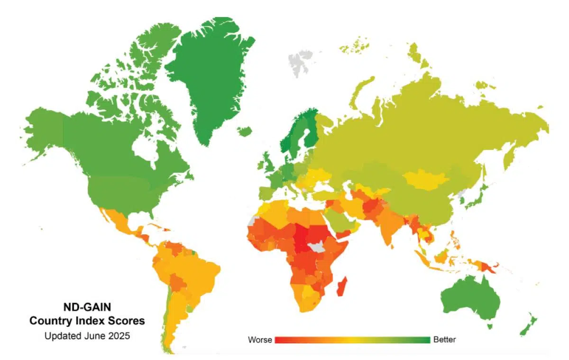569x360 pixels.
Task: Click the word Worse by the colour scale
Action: click(x=260, y=340)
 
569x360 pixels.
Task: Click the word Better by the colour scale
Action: click(x=444, y=340)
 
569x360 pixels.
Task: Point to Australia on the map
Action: click(x=469, y=299)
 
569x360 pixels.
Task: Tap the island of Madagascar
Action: click(x=342, y=286)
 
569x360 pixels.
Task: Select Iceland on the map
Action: click(x=245, y=131)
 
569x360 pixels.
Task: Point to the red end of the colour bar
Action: click(x=277, y=340)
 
